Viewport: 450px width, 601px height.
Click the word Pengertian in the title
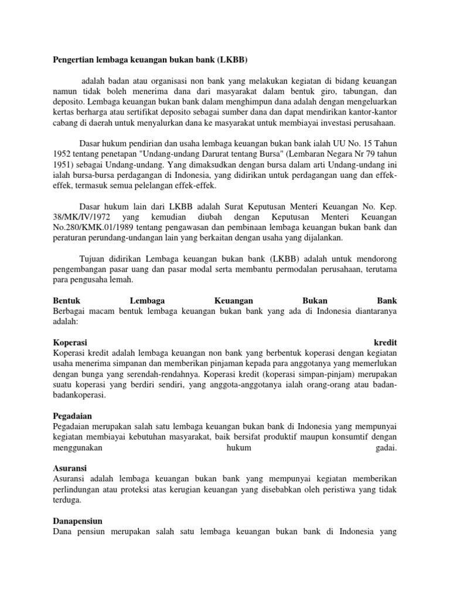tap(73, 60)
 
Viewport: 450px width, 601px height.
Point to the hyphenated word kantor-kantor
tap(373, 113)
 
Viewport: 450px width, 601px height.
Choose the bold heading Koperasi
tap(70, 342)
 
